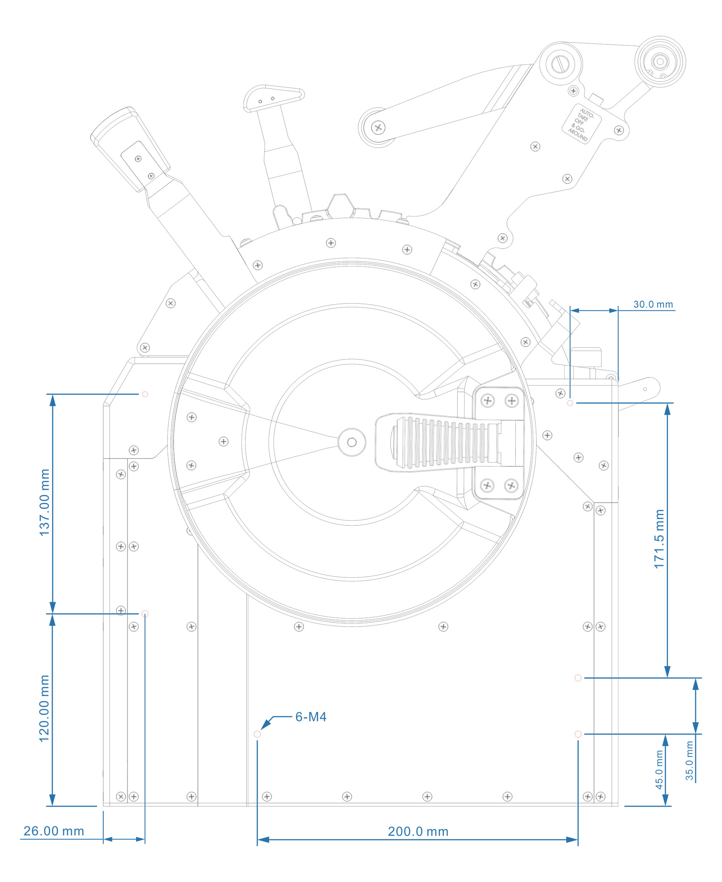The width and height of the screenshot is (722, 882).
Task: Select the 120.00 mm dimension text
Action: (44, 708)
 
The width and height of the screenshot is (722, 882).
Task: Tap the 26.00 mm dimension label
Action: (54, 830)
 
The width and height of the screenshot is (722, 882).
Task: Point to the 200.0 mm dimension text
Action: (418, 831)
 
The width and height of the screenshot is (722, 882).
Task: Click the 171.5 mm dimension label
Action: (659, 539)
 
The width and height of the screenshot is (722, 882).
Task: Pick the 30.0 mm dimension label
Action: (653, 304)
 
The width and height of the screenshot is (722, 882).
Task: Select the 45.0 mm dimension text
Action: (659, 769)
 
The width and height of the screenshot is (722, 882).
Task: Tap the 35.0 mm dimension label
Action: (690, 761)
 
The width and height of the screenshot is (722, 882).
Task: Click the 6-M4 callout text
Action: (311, 717)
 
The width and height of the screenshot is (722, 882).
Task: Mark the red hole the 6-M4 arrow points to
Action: (257, 734)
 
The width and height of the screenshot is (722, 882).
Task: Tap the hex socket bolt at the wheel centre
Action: (352, 442)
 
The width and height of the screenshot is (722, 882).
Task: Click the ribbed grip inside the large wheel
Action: (445, 443)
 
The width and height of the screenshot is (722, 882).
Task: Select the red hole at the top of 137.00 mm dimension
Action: (145, 394)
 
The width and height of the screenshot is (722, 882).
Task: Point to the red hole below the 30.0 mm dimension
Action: (570, 403)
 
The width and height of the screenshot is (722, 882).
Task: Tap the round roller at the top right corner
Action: (660, 61)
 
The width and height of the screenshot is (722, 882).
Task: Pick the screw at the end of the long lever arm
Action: (378, 128)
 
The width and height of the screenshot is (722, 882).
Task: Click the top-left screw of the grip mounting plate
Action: (487, 401)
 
